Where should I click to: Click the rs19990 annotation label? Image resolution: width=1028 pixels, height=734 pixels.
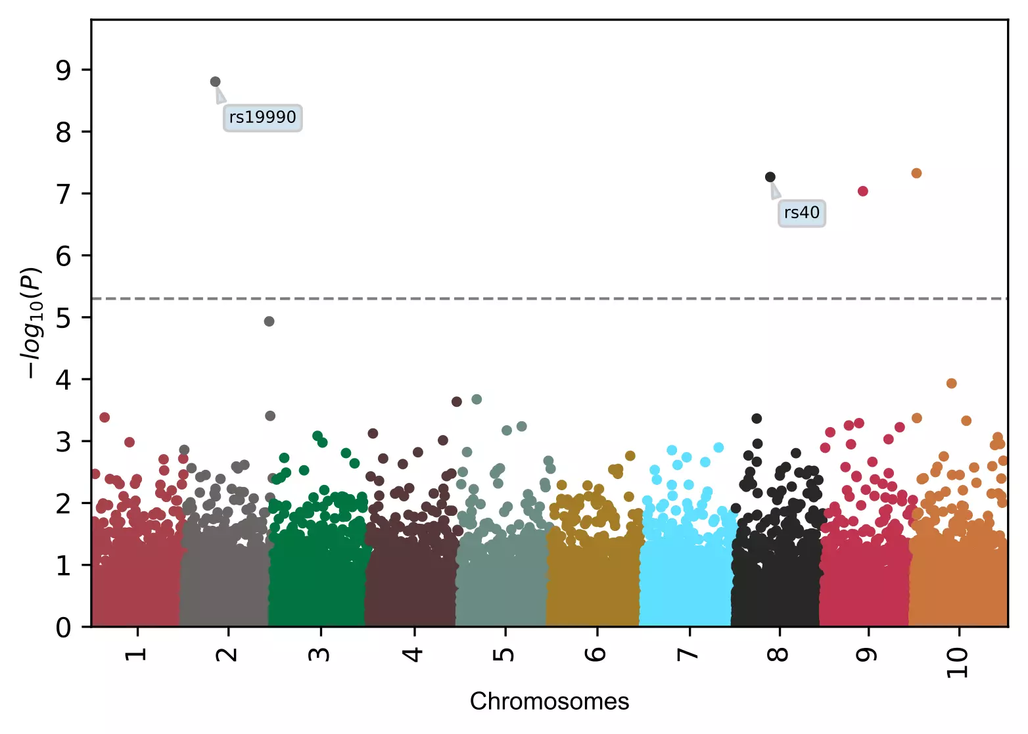(x=262, y=118)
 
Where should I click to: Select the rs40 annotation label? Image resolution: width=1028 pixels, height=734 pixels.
(x=801, y=213)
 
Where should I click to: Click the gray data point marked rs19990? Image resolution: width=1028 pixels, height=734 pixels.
(x=215, y=82)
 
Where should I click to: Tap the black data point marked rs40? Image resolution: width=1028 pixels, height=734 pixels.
(x=770, y=177)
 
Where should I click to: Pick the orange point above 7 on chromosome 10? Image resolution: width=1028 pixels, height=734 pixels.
(x=916, y=173)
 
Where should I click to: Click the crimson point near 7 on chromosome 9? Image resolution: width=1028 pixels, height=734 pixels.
(x=863, y=191)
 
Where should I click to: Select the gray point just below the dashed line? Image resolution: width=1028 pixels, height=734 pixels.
(x=269, y=321)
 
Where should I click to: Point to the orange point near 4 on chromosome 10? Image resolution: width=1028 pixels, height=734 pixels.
(x=951, y=383)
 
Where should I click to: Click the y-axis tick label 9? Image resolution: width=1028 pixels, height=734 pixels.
(x=63, y=70)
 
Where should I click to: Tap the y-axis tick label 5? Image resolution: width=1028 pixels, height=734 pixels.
(x=63, y=318)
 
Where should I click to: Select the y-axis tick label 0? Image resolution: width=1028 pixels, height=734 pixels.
(x=63, y=628)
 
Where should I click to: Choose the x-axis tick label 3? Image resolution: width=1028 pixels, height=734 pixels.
(x=320, y=654)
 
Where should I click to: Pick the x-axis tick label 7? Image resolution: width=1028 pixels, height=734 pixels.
(x=688, y=654)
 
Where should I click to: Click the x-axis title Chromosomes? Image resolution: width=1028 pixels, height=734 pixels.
(x=549, y=702)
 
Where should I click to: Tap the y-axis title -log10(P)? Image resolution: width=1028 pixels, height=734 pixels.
(x=32, y=323)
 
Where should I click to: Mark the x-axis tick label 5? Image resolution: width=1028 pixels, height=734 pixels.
(x=504, y=654)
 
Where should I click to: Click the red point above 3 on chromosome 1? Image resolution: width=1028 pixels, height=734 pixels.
(x=104, y=417)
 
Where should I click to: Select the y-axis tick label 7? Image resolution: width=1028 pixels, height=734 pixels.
(x=63, y=194)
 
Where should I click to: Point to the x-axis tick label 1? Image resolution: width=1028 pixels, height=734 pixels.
(x=137, y=654)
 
